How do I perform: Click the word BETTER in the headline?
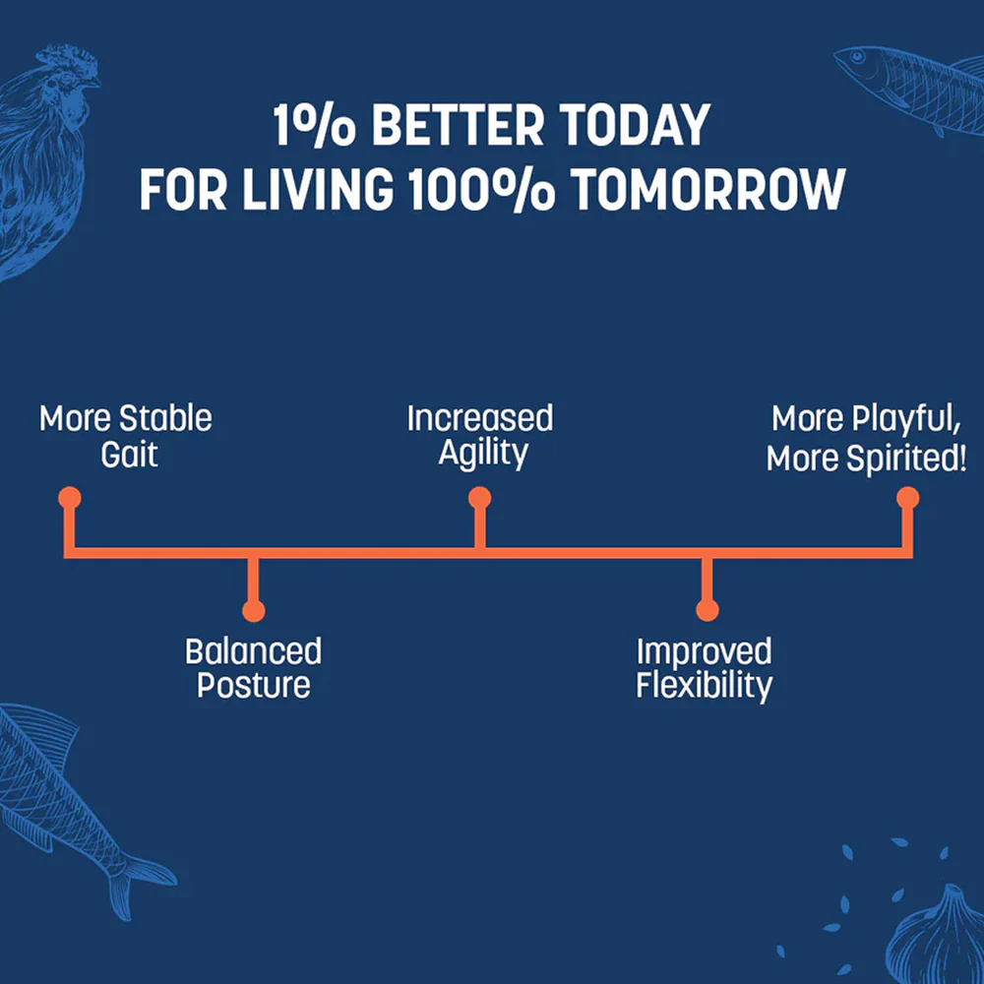pyautogui.click(x=459, y=126)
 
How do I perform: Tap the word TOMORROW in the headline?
pyautogui.click(x=709, y=190)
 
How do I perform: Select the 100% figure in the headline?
pyautogui.click(x=482, y=190)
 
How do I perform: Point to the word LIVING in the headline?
pyautogui.click(x=318, y=190)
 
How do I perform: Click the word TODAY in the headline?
pyautogui.click(x=635, y=126)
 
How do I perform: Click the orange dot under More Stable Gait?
pyautogui.click(x=70, y=498)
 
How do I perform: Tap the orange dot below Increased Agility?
pyautogui.click(x=479, y=498)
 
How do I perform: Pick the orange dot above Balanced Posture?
pyautogui.click(x=254, y=610)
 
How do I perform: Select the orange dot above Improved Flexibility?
pyautogui.click(x=707, y=610)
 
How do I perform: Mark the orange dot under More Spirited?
pyautogui.click(x=907, y=498)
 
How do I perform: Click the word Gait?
pyautogui.click(x=129, y=455)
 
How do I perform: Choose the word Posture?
pyautogui.click(x=254, y=685)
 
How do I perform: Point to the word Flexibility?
pyautogui.click(x=705, y=685)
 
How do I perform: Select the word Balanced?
pyautogui.click(x=254, y=651)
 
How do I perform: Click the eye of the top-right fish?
pyautogui.click(x=857, y=56)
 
